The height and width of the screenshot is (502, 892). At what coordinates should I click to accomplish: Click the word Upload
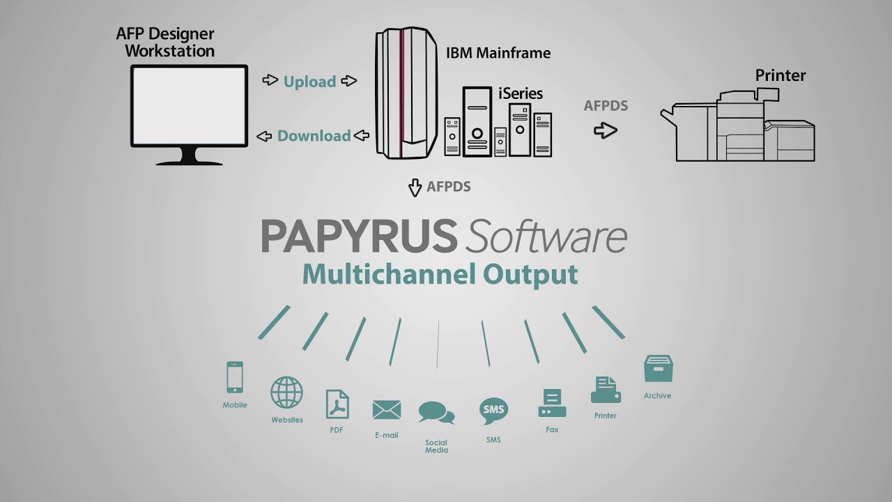310,82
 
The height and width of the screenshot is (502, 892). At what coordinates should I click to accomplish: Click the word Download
314,136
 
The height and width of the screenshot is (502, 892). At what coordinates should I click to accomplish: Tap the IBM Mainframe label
498,53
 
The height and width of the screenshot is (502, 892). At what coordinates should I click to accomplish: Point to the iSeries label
521,93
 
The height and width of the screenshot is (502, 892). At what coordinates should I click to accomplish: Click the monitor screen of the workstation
189,106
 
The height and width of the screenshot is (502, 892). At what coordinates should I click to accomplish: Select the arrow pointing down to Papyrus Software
415,188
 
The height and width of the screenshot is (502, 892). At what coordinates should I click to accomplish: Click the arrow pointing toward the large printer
606,130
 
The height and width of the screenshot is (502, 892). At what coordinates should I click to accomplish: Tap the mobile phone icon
235,377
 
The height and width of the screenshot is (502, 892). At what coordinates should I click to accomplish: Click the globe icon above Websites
286,393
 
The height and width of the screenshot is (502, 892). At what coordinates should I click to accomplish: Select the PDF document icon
337,404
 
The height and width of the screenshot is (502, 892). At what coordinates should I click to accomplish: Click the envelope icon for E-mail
386,410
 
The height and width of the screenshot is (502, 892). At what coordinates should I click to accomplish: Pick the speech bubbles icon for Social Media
436,413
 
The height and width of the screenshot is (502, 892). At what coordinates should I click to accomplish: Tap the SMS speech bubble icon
493,411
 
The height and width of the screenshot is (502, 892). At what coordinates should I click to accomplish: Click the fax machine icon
552,403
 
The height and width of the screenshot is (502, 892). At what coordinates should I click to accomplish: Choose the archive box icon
659,369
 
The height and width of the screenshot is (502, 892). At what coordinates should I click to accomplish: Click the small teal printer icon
606,390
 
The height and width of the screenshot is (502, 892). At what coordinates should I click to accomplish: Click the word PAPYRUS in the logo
359,236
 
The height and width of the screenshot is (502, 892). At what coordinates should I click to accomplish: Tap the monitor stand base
189,162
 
